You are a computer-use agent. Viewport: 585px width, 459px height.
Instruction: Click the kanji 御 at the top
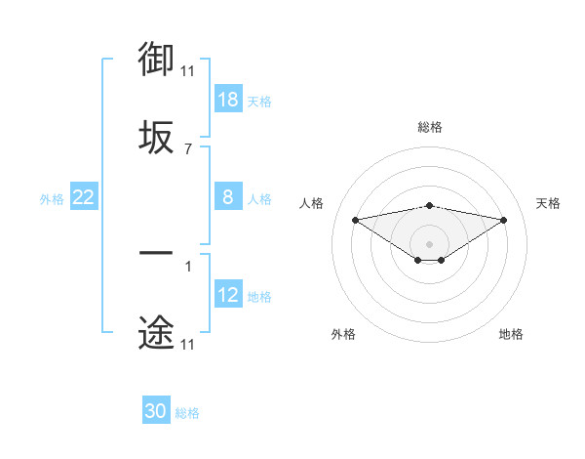156,61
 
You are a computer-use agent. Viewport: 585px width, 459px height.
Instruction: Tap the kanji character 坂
156,137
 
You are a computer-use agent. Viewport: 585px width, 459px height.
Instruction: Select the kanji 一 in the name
156,254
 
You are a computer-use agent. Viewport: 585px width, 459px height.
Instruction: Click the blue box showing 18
228,100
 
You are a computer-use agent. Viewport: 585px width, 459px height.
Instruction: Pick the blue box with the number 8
228,197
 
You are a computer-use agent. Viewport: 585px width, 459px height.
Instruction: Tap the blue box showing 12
228,295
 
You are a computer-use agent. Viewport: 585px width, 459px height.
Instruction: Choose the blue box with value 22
84,197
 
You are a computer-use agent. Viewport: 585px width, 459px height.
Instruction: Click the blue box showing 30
156,411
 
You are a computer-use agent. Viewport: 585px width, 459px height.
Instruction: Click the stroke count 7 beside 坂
188,149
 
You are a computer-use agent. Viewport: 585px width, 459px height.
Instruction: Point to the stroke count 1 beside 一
188,266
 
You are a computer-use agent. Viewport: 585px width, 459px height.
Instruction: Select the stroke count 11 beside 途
188,345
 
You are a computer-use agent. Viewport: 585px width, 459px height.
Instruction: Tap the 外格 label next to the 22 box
52,198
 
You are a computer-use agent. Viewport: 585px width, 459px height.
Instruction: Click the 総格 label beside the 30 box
187,412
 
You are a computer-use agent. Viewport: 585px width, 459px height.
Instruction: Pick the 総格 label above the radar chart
430,127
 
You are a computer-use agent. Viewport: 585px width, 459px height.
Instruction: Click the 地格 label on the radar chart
511,334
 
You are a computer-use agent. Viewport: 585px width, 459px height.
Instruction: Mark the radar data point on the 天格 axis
504,220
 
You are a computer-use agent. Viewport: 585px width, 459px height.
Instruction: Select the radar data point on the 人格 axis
356,220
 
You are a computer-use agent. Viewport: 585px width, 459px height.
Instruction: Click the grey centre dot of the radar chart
430,243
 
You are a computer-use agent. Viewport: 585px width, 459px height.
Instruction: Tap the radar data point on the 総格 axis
430,205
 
